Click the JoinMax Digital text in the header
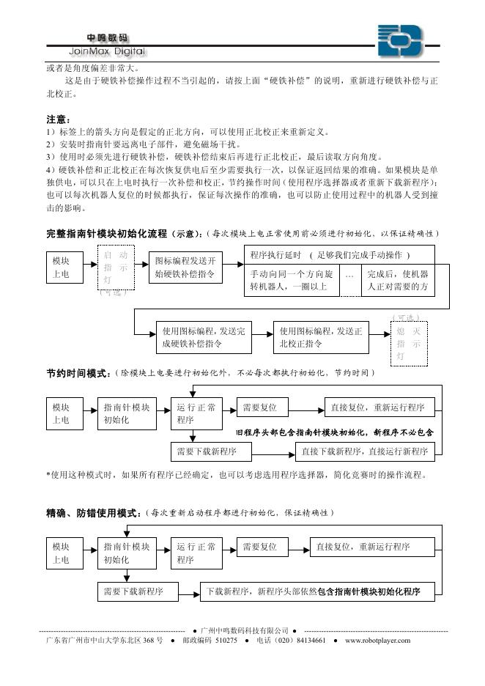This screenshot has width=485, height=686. click(107, 51)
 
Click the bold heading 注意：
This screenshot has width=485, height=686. click(58, 119)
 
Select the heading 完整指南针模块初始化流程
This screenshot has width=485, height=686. click(106, 233)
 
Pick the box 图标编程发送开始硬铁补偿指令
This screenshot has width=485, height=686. click(185, 268)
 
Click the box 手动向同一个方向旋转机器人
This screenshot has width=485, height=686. click(291, 280)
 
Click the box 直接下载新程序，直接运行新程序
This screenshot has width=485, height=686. click(365, 451)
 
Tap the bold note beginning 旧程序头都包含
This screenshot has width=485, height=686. click(334, 432)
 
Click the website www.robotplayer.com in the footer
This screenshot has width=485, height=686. click(377, 641)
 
